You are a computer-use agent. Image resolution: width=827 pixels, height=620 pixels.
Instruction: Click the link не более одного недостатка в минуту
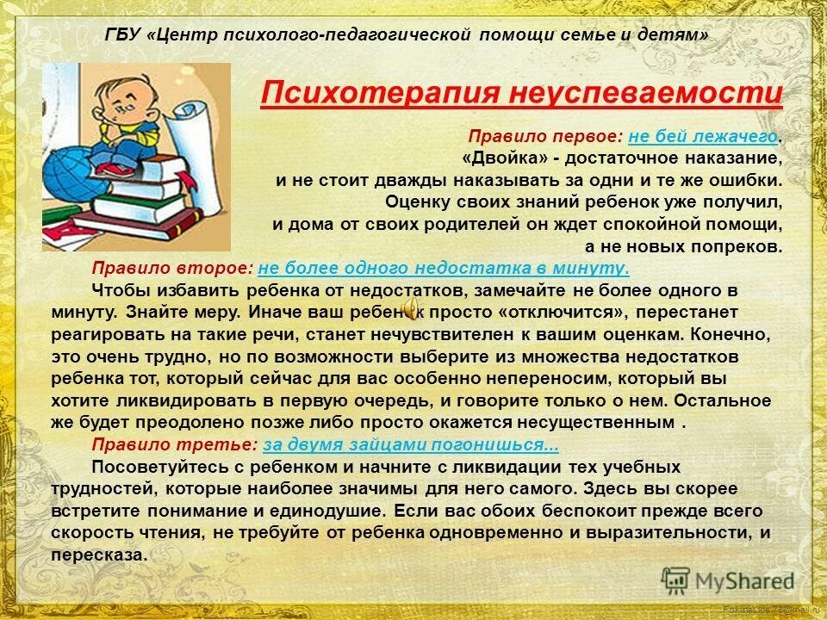click(444, 268)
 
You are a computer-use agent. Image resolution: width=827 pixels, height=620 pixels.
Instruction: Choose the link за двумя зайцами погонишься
click(410, 445)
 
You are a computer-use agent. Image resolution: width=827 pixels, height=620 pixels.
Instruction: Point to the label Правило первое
click(546, 138)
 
